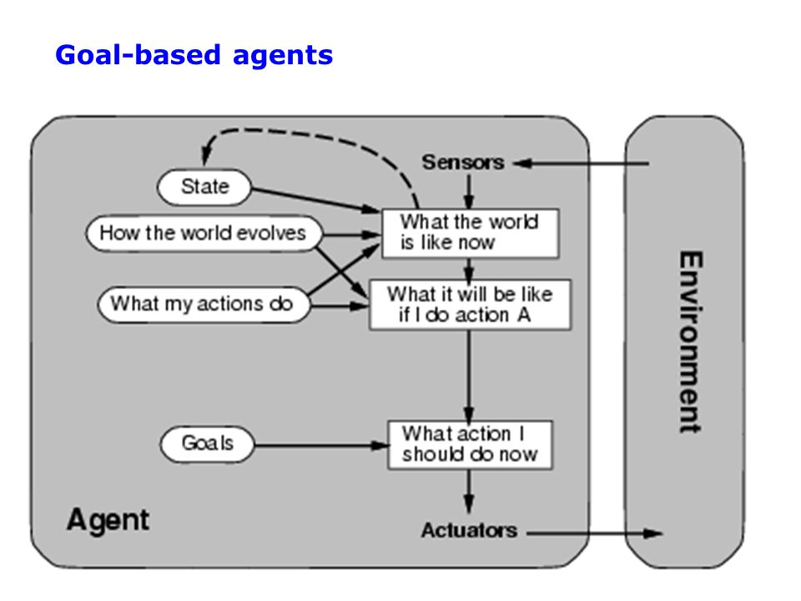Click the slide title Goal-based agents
[194, 55]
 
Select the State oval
[204, 187]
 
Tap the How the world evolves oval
[204, 234]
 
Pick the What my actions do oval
[204, 304]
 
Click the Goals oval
[207, 443]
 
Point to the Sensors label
[463, 163]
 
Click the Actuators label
[469, 531]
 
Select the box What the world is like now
[470, 233]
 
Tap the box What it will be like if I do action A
[470, 305]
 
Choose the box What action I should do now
[470, 445]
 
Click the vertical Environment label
[691, 341]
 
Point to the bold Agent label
[108, 520]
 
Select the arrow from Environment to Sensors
[581, 164]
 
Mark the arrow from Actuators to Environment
[595, 533]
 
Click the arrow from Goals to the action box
[321, 446]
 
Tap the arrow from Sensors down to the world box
[469, 192]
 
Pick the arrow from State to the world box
[316, 199]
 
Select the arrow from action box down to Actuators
[469, 492]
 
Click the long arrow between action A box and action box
[469, 375]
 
